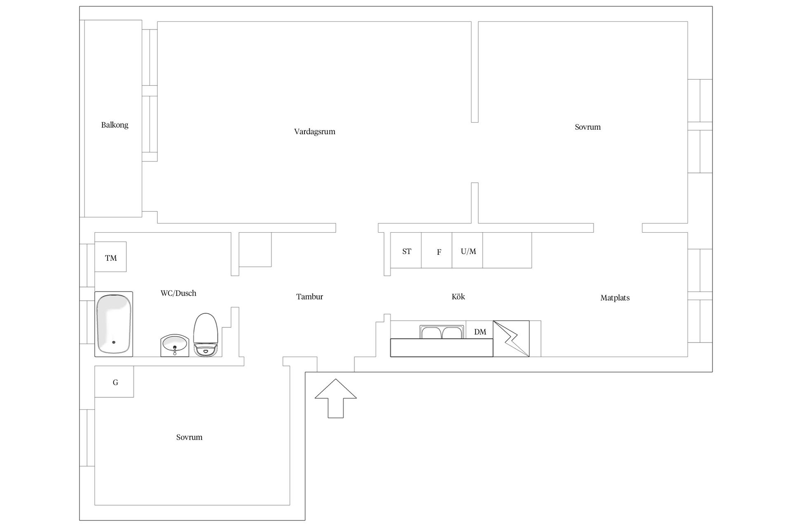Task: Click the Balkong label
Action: coord(115,125)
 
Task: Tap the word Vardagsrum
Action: coord(314,132)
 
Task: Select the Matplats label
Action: coord(615,298)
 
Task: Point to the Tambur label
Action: coord(309,296)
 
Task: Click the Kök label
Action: coord(458,296)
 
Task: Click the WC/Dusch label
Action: coord(178,293)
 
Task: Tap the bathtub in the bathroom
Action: coord(114,324)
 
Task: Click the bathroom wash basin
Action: coord(175,345)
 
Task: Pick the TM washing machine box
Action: coord(110,257)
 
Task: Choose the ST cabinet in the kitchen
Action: coord(406,250)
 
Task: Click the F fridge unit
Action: coord(437,250)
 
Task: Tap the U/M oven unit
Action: coord(468,250)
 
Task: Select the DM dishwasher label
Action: coord(480,332)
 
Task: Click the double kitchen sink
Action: coord(441,332)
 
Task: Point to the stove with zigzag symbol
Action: coord(511,338)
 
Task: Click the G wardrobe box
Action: coord(114,382)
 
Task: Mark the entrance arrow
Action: coord(336,398)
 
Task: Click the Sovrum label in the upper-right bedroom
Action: coord(587,127)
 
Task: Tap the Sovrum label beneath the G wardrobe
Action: coord(189,437)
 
